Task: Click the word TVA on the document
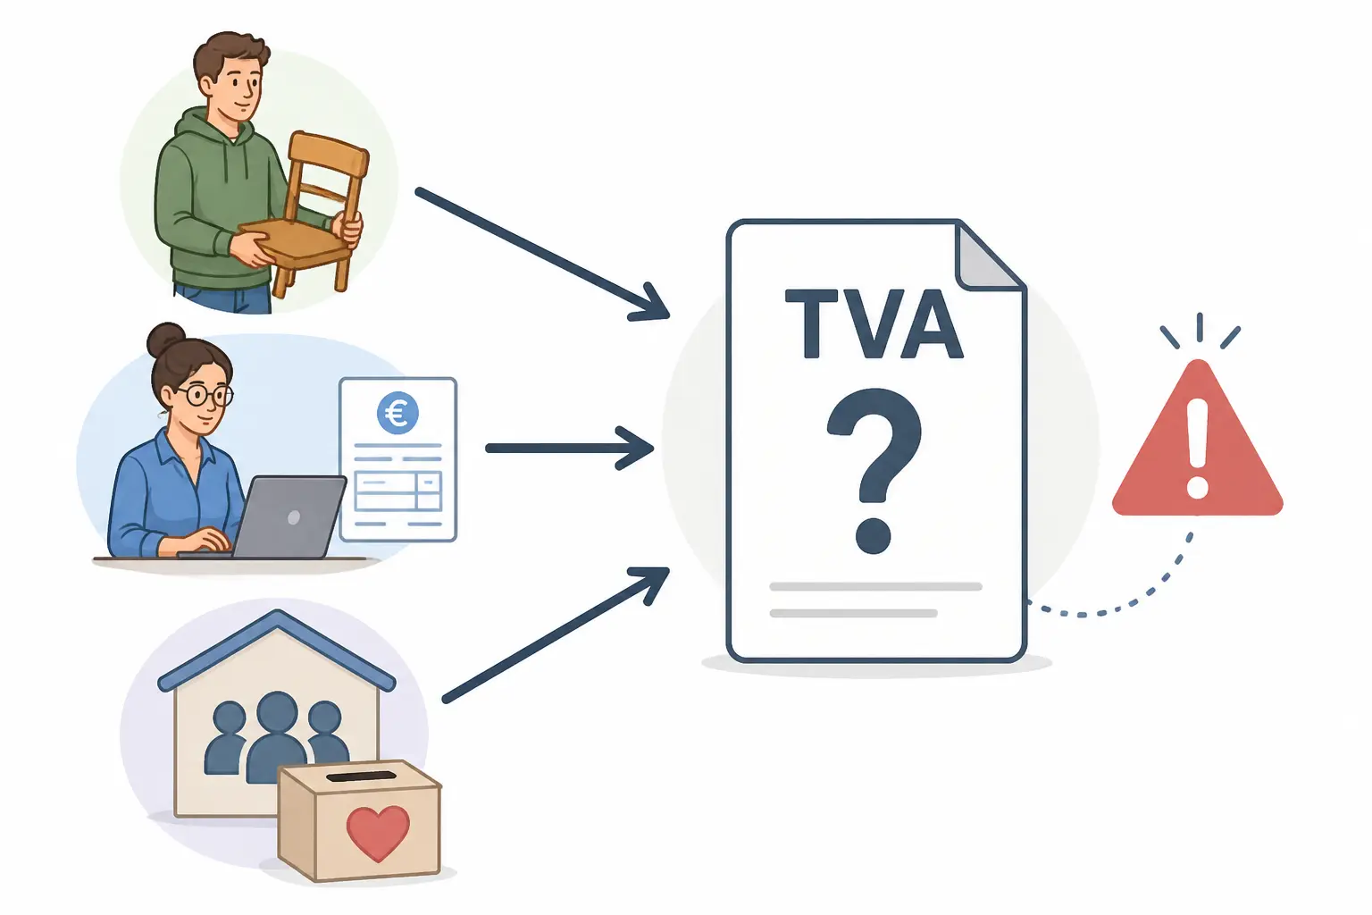[874, 323]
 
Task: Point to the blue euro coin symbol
[397, 413]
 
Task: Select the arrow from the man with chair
[541, 255]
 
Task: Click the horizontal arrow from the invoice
[570, 449]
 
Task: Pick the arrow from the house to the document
[555, 635]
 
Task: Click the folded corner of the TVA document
[986, 257]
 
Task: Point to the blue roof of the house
[277, 650]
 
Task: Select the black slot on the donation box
[362, 776]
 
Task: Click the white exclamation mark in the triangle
[1197, 448]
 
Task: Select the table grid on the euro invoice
[398, 491]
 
